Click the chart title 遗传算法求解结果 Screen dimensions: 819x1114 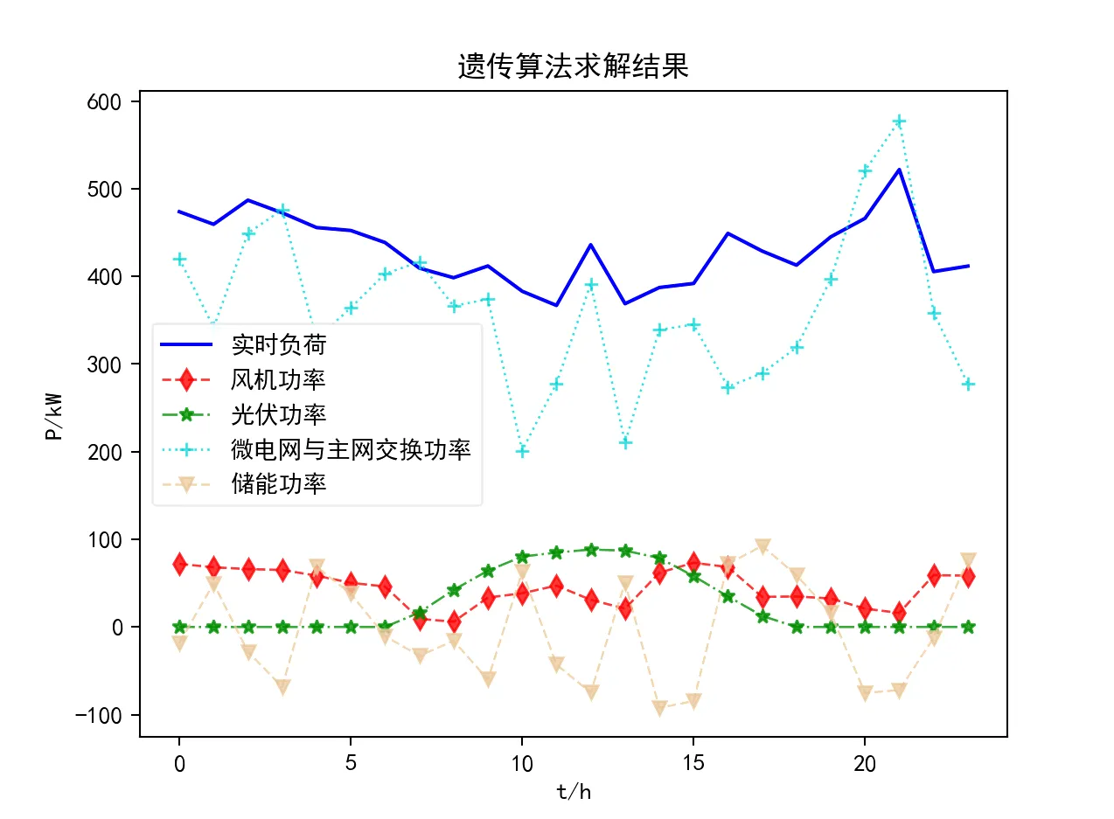(573, 66)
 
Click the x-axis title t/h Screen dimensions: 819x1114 (573, 792)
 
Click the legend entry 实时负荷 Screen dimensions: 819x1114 (278, 345)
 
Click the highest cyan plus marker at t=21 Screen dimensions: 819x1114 (899, 121)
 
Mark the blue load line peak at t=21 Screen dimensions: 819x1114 (899, 170)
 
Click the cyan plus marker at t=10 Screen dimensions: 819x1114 (522, 451)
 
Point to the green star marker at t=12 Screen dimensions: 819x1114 (591, 550)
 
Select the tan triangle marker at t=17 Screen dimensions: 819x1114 (762, 546)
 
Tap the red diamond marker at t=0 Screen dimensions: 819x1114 (179, 564)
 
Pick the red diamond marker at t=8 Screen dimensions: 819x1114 (454, 621)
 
